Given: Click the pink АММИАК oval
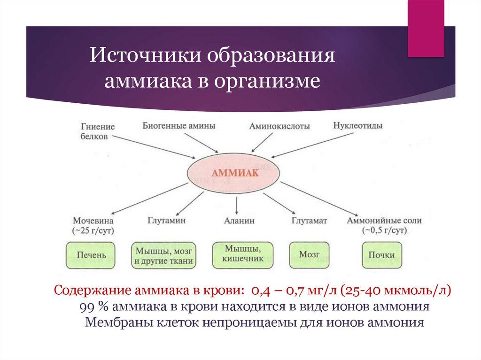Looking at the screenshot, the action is point(237,174).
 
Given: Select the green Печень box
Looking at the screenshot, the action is point(90,255).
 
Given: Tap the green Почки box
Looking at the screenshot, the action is point(381,255).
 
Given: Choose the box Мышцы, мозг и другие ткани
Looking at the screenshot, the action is point(163,255).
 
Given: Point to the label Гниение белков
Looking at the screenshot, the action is point(97,132).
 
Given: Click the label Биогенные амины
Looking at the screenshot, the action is point(179,126).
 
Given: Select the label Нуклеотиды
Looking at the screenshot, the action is point(357,126).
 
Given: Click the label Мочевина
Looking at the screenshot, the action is point(93,220).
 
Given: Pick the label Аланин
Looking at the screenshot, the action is point(239,220).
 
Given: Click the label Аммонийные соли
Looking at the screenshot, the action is point(384,220).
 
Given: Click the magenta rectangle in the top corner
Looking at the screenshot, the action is point(426,28).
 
